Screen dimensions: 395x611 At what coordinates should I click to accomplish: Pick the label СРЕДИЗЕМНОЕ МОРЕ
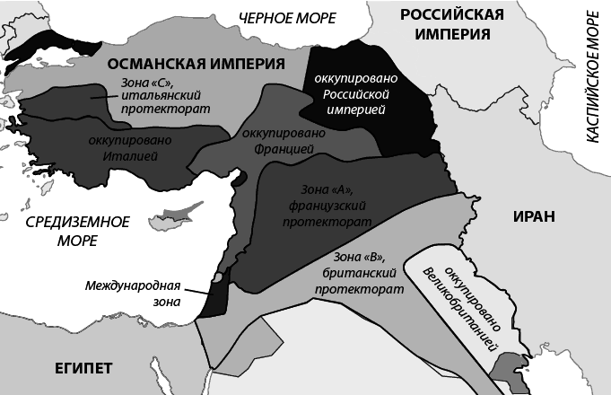click(78, 231)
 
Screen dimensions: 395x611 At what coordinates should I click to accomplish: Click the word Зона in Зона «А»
click(308, 191)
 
